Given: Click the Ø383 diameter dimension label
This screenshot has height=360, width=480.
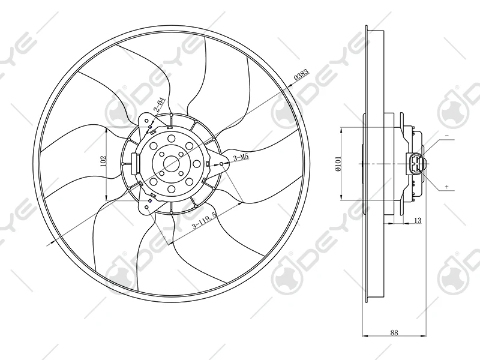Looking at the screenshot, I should click(x=301, y=76).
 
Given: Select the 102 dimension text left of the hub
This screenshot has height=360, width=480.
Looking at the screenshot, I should click(x=103, y=160).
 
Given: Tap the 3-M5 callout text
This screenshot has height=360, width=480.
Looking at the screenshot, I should click(x=241, y=158).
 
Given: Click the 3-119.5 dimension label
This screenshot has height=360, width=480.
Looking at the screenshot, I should click(x=204, y=224).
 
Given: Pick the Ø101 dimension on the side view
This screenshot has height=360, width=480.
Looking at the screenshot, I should click(x=338, y=163).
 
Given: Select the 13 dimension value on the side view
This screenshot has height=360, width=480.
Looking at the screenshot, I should click(x=418, y=221).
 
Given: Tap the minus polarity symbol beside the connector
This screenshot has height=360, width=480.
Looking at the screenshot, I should click(x=447, y=137).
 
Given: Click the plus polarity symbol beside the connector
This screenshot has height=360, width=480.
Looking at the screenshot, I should click(x=447, y=187).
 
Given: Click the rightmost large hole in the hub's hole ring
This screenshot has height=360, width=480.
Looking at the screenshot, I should click(x=197, y=164).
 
